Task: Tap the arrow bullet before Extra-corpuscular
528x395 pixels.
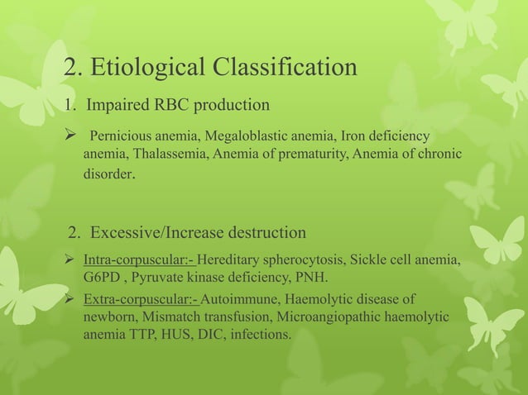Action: tap(71, 298)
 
